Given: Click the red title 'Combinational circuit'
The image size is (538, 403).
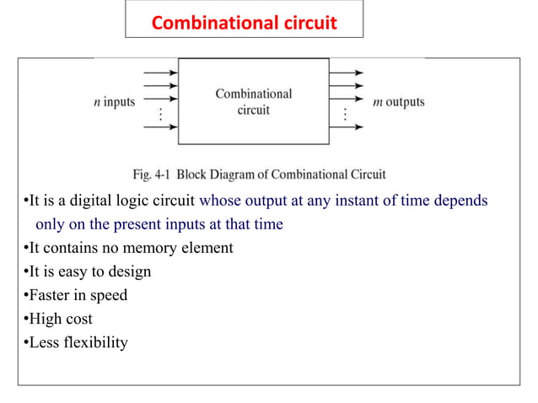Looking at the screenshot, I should tap(244, 22).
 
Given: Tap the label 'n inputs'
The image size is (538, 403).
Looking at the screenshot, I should tap(114, 103).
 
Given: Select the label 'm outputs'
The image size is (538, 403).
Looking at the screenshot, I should tap(399, 103).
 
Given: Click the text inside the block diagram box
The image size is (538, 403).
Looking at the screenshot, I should tap(253, 102).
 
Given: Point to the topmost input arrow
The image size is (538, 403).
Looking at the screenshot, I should tap(161, 72).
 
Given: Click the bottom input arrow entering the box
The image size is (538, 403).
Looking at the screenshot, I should tap(161, 127).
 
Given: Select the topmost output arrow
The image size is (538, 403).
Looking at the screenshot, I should tap(346, 72).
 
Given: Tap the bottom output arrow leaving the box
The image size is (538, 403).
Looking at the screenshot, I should tap(346, 127).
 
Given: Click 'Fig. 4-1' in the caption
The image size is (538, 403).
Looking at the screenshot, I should tap(154, 175).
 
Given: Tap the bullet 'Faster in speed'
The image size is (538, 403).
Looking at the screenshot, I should tap(76, 295).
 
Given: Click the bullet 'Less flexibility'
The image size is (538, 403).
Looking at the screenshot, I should tap(77, 342).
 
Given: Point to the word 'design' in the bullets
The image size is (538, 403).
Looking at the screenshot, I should tap(130, 271).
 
